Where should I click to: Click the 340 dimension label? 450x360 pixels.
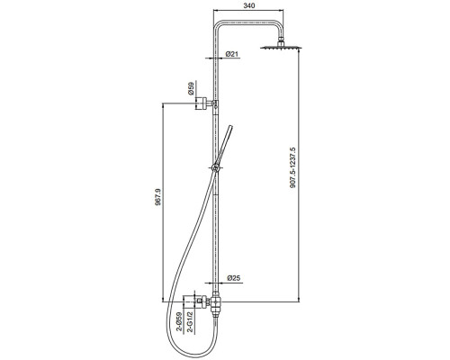coord(249,5)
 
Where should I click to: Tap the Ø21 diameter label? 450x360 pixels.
coord(232,54)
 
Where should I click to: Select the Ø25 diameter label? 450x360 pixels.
coord(234,278)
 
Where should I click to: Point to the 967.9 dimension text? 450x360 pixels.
coord(158,197)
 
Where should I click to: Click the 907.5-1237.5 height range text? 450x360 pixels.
coord(293,167)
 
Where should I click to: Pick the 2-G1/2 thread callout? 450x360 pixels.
coord(190,322)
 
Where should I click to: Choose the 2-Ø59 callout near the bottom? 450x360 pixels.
coord(179,322)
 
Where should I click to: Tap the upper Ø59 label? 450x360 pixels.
coord(191,89)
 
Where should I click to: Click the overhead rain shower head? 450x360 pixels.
coord(281,46)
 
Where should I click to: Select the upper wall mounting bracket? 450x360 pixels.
coord(205,103)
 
